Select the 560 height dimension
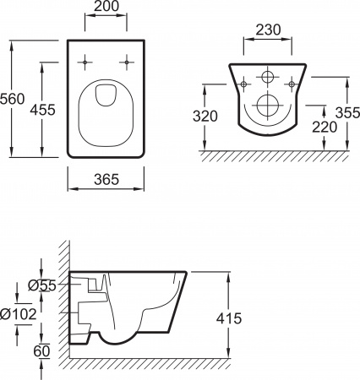[x=12, y=99]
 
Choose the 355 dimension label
[x=341, y=111]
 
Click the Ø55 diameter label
[x=41, y=285]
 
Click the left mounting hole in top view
[x=87, y=61]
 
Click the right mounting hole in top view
[x=127, y=61]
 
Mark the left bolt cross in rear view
[x=243, y=84]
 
